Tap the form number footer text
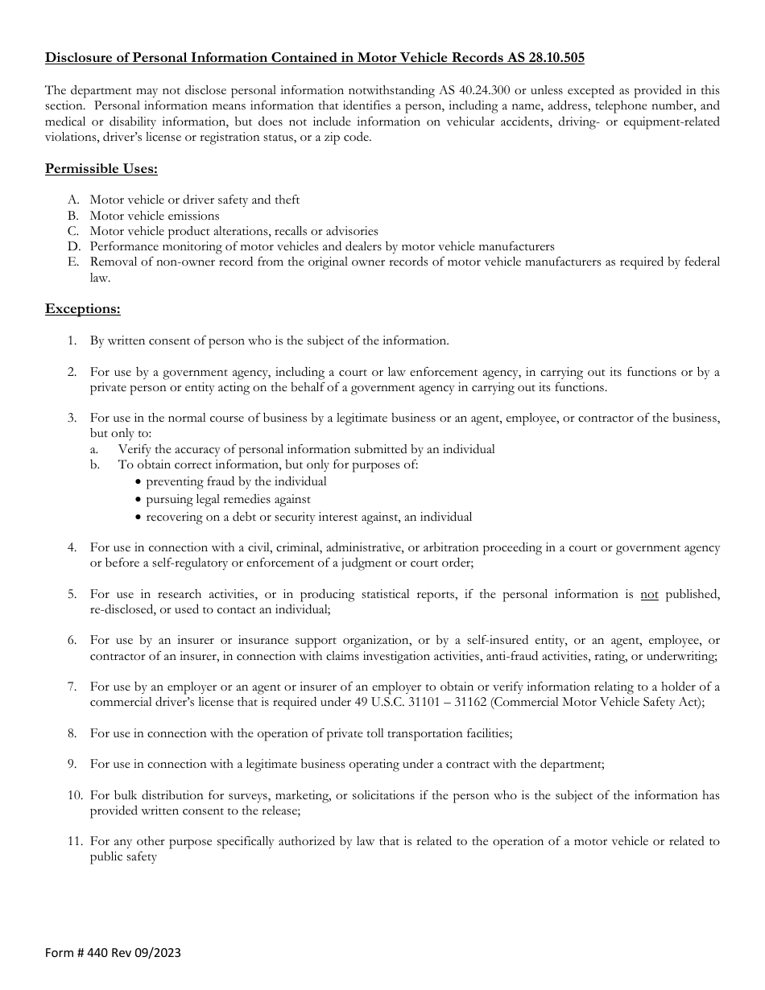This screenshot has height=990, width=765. pyautogui.click(x=113, y=953)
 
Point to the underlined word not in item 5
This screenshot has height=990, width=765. pyautogui.click(x=649, y=594)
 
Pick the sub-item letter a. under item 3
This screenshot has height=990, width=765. pyautogui.click(x=93, y=449)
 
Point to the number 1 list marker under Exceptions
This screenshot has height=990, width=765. pyautogui.click(x=72, y=340)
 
